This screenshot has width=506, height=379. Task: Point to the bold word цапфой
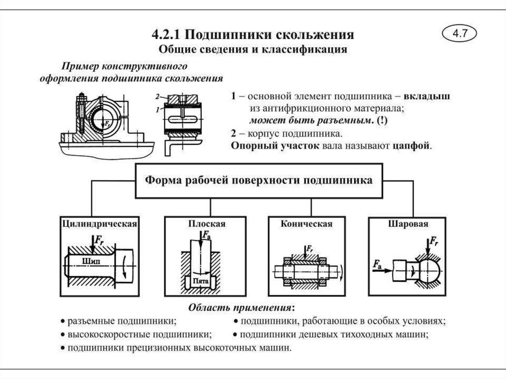[412, 146]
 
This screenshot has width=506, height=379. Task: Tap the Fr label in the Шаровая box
[433, 242]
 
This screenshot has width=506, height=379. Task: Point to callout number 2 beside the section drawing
[157, 96]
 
